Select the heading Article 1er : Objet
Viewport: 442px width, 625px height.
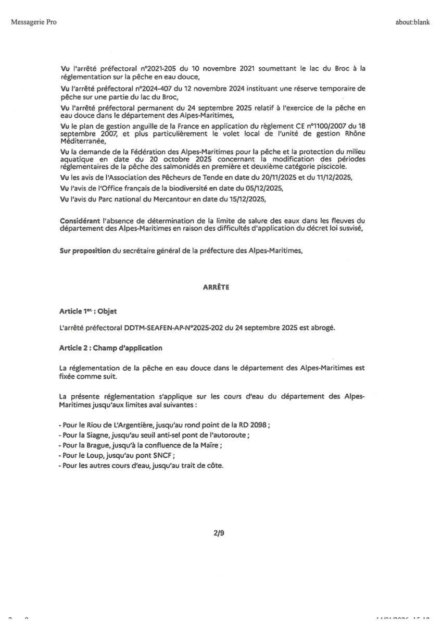pyautogui.click(x=88, y=311)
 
